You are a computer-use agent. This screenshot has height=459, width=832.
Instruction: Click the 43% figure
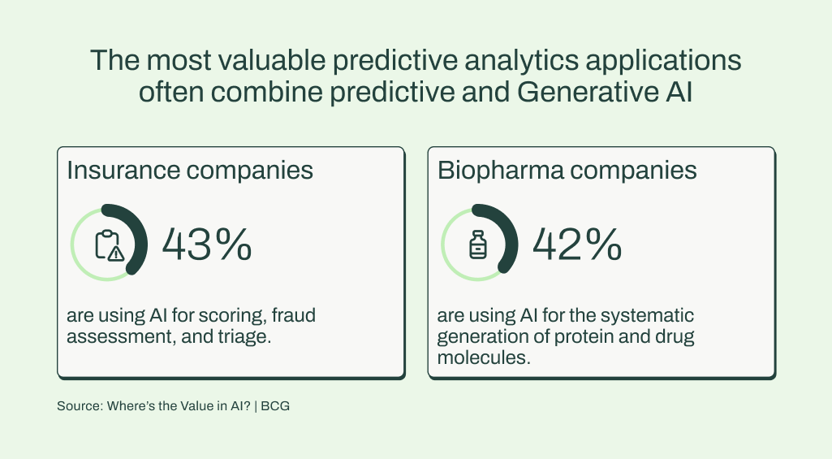pos(206,245)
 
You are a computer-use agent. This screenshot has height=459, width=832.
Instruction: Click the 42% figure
pos(577,245)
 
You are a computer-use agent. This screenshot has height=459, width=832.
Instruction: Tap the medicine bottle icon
pos(477,245)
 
